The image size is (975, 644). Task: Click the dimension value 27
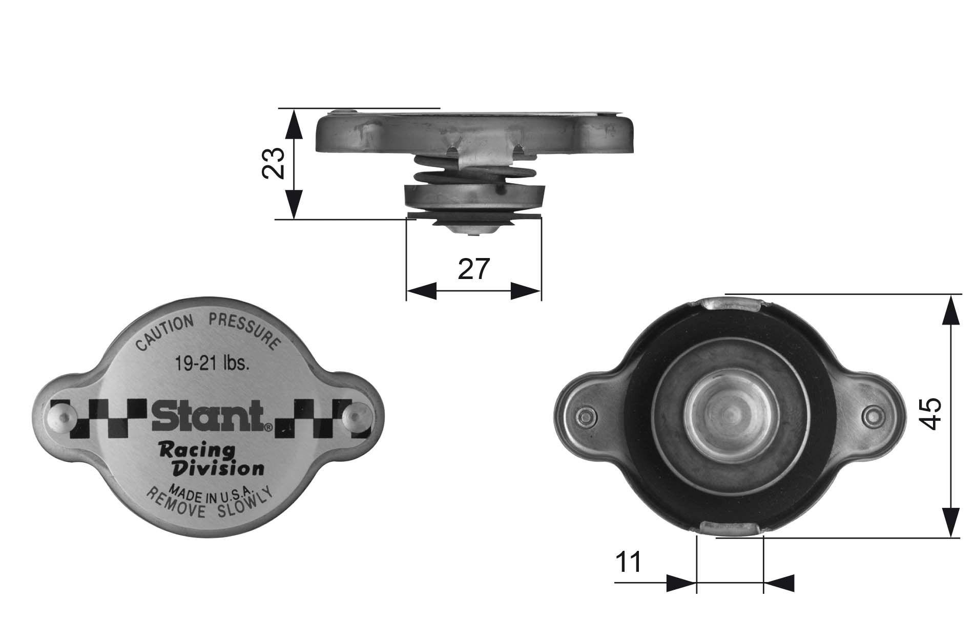pyautogui.click(x=474, y=269)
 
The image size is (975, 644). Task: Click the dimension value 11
pyautogui.click(x=628, y=563)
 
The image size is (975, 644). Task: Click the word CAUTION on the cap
pyautogui.click(x=164, y=333)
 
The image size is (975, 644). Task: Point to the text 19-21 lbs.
pyautogui.click(x=212, y=364)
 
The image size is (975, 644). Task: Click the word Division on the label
pyautogui.click(x=219, y=468)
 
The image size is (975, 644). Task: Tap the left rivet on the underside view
pyautogui.click(x=585, y=417)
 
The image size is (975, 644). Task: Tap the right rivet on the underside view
pyautogui.click(x=872, y=416)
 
